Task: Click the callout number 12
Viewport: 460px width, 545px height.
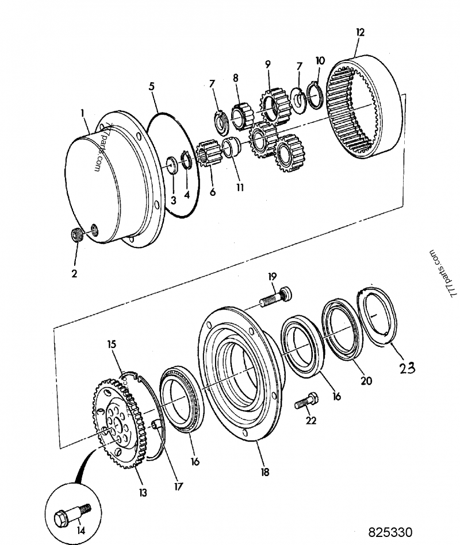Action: tap(360, 32)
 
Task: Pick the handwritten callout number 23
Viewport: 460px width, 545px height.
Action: tap(407, 368)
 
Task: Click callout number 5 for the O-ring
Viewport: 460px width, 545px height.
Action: tap(151, 86)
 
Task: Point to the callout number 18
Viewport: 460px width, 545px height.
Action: tap(264, 472)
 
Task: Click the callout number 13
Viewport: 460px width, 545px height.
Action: tap(142, 492)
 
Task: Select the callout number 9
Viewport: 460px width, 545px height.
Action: tap(267, 64)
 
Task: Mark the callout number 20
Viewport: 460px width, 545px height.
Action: tap(365, 380)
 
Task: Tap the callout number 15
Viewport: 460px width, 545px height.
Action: tap(111, 345)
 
